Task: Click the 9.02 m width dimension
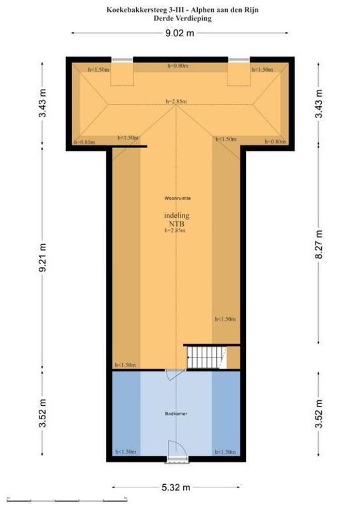[179, 33]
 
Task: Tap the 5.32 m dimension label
[176, 487]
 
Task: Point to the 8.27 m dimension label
[319, 244]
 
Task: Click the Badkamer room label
[176, 414]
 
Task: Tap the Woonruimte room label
[177, 198]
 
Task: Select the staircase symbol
[207, 357]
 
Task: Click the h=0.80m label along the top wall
[178, 66]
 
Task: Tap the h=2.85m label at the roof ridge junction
[176, 101]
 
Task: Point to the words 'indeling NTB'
[177, 220]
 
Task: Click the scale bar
[67, 499]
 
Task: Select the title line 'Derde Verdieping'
[183, 18]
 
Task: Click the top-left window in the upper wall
[122, 59]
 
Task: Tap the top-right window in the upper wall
[239, 59]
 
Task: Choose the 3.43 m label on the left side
[42, 102]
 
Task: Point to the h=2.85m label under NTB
[176, 231]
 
